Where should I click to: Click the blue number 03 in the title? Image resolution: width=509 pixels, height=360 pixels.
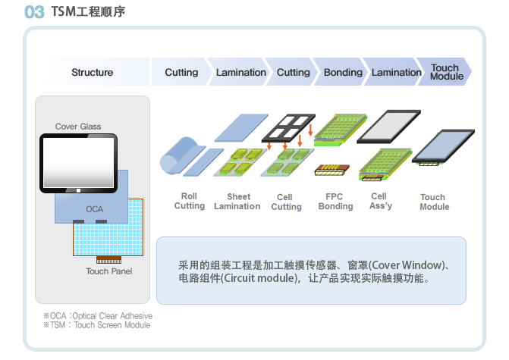[x=34, y=12]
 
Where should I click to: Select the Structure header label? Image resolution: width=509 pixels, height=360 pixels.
[x=93, y=72]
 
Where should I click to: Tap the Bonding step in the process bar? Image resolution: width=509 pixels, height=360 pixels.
[x=343, y=72]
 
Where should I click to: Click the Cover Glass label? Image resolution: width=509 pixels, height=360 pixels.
[x=78, y=126]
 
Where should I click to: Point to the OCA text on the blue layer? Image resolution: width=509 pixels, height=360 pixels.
[x=95, y=209]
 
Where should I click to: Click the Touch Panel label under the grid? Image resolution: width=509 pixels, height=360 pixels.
[x=108, y=271]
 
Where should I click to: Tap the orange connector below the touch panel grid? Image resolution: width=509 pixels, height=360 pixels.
[x=108, y=259]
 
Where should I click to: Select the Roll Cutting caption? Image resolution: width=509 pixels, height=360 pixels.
[x=189, y=201]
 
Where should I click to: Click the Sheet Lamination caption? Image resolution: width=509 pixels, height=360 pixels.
[x=237, y=202]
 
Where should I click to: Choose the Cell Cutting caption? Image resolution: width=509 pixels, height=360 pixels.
[x=286, y=202]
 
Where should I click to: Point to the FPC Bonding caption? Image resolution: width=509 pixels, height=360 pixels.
[x=335, y=202]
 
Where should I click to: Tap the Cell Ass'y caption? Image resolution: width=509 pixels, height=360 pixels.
[x=381, y=201]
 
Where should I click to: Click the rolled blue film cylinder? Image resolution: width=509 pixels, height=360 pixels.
[x=178, y=155]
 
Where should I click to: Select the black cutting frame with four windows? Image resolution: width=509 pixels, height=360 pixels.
[x=288, y=128]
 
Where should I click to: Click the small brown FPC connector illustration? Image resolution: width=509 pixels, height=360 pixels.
[x=331, y=170]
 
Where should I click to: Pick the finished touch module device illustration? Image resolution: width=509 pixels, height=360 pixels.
[x=443, y=147]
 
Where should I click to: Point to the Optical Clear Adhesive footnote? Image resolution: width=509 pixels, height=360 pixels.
[x=98, y=315]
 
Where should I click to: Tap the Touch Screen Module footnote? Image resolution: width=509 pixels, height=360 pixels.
[x=97, y=325]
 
